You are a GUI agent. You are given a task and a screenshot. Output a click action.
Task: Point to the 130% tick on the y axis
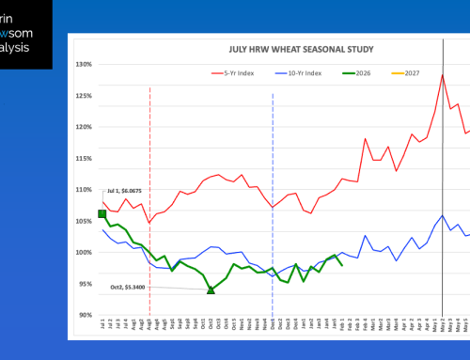pos(82,65)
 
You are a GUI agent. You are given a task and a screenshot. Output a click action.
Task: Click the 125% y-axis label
pos(82,96)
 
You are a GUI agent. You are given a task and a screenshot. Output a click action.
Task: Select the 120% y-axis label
pos(82,127)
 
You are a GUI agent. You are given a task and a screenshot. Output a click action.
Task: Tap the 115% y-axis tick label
pos(82,158)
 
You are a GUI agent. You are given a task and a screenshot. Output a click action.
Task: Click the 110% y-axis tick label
pos(82,190)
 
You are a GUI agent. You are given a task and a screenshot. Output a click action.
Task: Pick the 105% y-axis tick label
pos(82,221)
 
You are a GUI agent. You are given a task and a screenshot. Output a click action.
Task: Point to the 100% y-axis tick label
pos(82,252)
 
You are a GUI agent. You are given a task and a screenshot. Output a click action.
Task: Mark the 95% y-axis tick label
pos(82,284)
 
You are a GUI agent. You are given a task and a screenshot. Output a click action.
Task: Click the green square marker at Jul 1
pos(102,214)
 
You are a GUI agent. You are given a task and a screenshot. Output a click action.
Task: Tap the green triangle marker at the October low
pos(211,290)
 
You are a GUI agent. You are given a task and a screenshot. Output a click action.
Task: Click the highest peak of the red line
pos(443,74)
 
